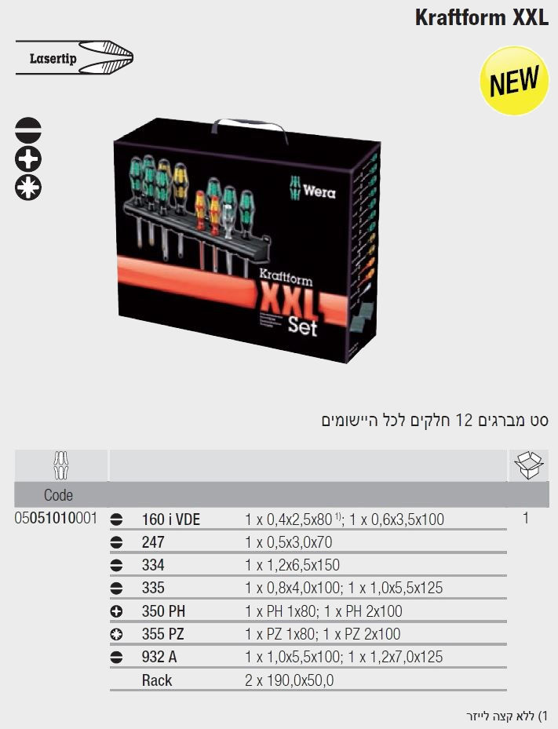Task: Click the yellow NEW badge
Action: (x=515, y=80)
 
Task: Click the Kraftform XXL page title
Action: (x=482, y=18)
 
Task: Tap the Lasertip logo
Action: (x=75, y=57)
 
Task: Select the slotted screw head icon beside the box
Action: (x=28, y=129)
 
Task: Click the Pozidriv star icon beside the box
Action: (x=28, y=188)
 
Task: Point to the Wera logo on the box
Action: (x=312, y=189)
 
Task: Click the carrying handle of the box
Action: (x=250, y=129)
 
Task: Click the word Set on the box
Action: (x=302, y=326)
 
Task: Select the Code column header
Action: (x=59, y=494)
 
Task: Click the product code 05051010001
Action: (x=57, y=518)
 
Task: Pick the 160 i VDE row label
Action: (x=170, y=519)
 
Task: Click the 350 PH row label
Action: (x=163, y=611)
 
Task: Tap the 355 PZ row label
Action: (x=162, y=634)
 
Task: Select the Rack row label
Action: (x=157, y=680)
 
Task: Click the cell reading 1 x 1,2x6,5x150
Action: (x=292, y=565)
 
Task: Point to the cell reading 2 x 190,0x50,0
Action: (x=290, y=680)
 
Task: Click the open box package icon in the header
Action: (x=529, y=465)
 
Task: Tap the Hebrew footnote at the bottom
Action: (x=508, y=716)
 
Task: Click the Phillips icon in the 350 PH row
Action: (x=116, y=611)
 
